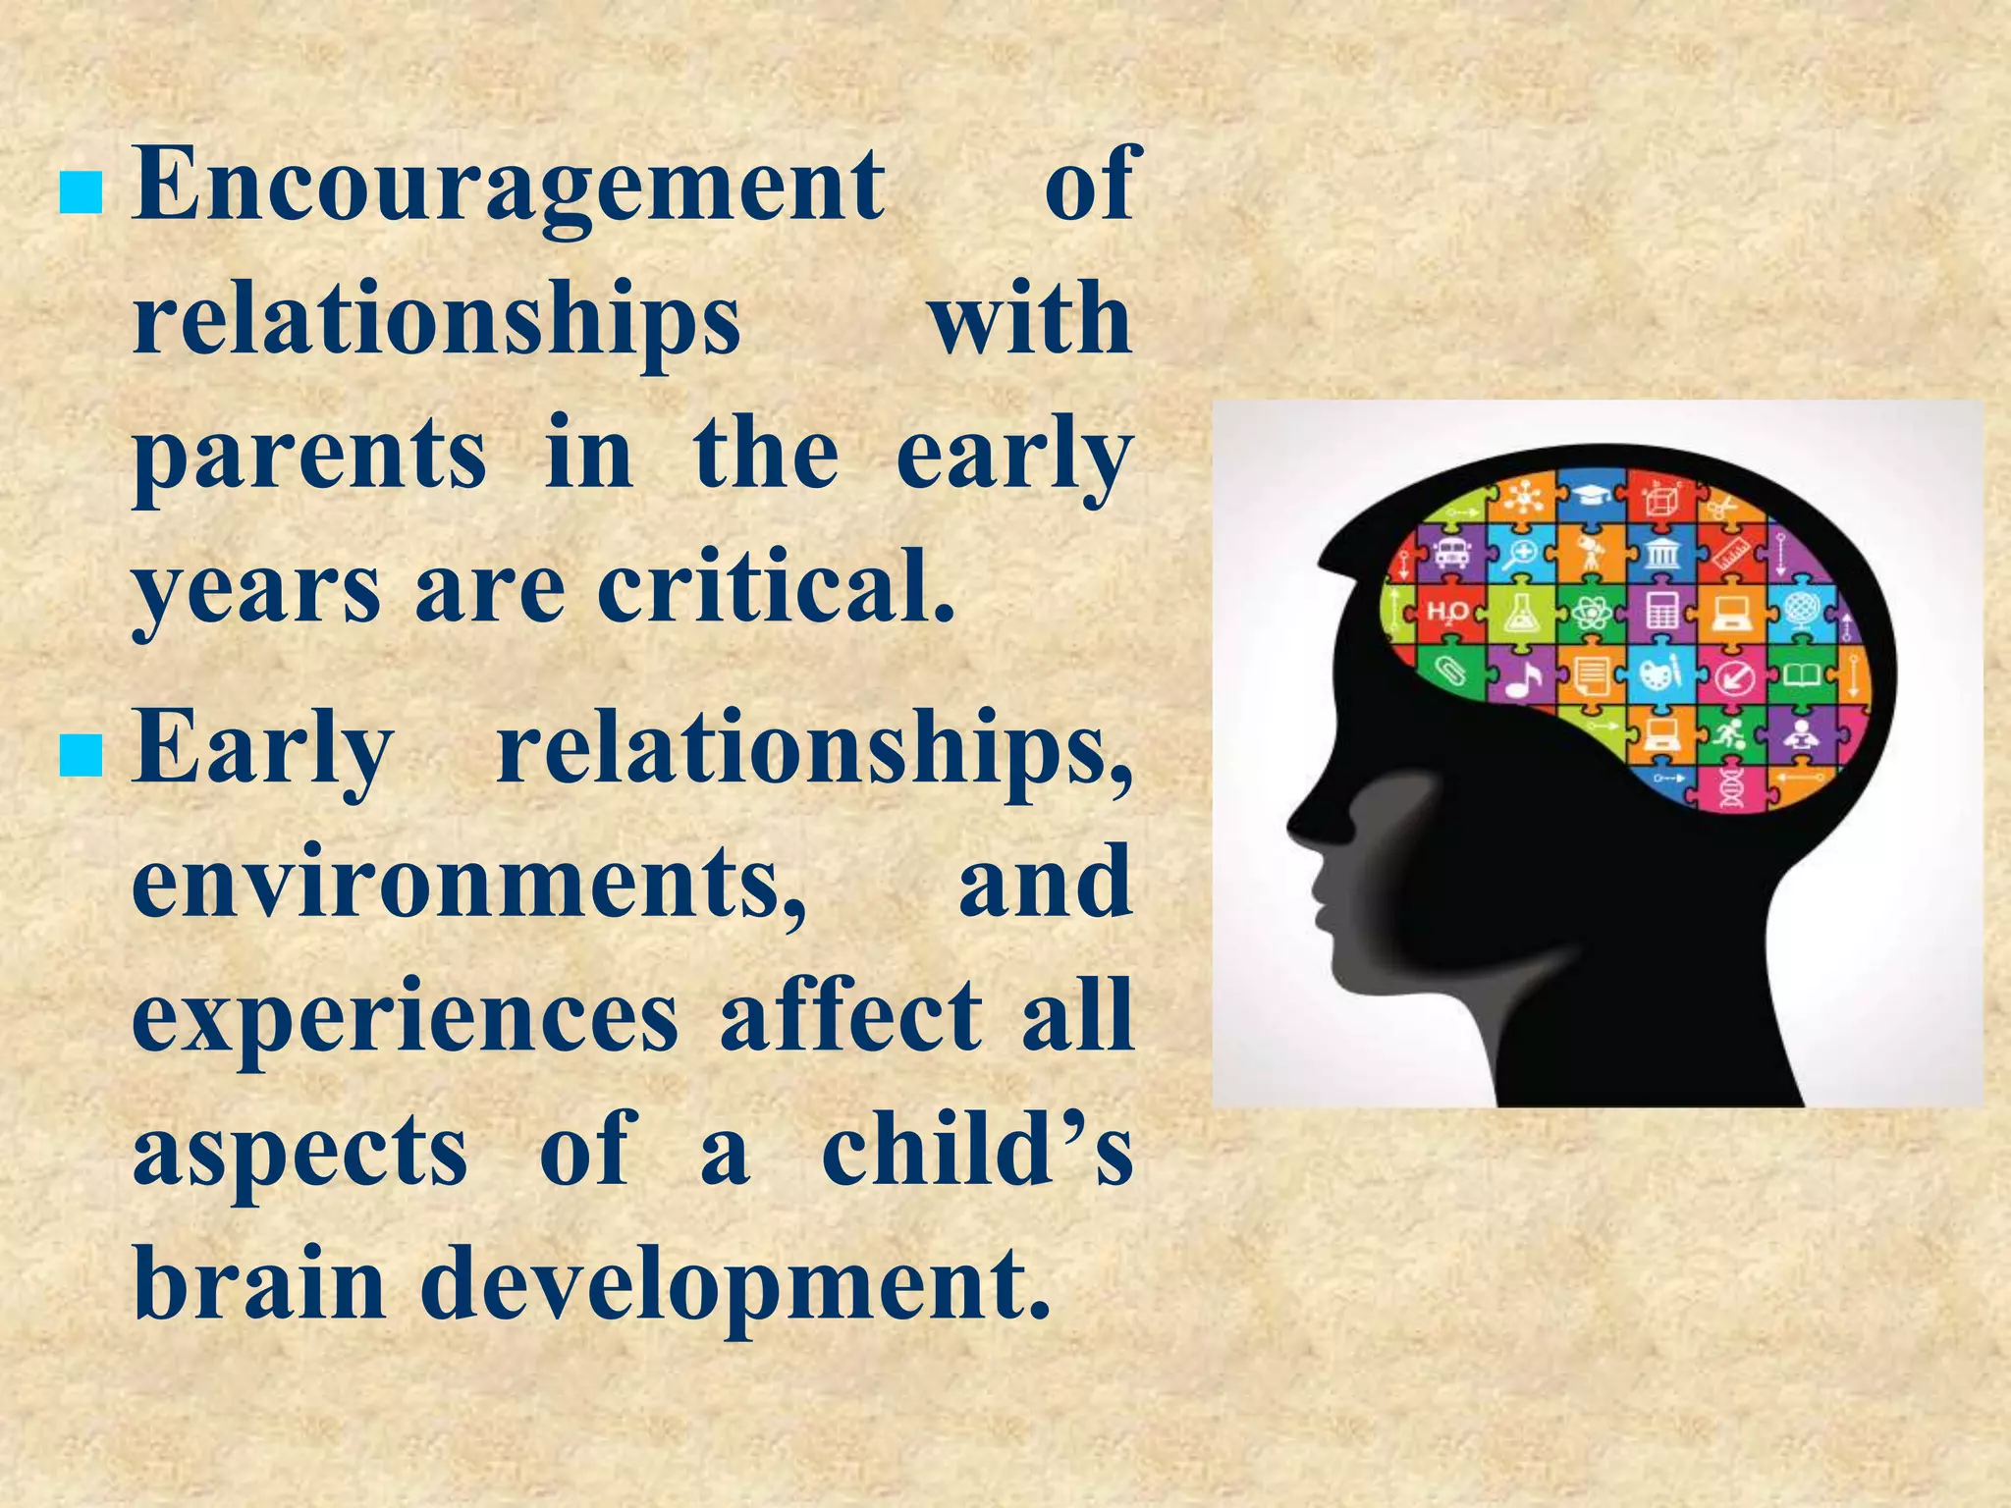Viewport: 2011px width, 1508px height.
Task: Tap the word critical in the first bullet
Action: click(x=776, y=589)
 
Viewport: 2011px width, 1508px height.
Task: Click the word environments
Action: click(x=469, y=882)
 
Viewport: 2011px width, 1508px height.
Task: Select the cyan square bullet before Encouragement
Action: click(x=81, y=193)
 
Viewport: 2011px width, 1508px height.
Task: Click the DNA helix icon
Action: click(x=1731, y=785)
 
